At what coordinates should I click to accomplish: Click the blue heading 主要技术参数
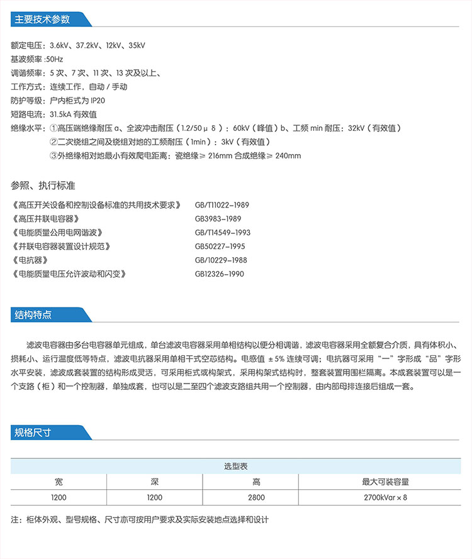[x=43, y=19]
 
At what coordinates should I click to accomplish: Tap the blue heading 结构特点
[x=34, y=314]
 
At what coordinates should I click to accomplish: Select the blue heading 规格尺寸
[x=34, y=433]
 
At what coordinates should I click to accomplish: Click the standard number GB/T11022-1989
[x=222, y=205]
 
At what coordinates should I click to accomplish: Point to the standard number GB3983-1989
[x=218, y=219]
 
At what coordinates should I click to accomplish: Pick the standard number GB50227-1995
[x=220, y=246]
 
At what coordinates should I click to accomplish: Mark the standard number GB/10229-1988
[x=221, y=260]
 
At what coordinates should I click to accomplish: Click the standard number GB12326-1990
[x=219, y=274]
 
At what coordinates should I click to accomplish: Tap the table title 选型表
[x=236, y=467]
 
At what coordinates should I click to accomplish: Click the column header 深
[x=154, y=482]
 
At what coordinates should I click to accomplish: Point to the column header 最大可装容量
[x=386, y=482]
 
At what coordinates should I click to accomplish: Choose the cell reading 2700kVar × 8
[x=386, y=497]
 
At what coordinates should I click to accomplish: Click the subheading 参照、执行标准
[x=43, y=185]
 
